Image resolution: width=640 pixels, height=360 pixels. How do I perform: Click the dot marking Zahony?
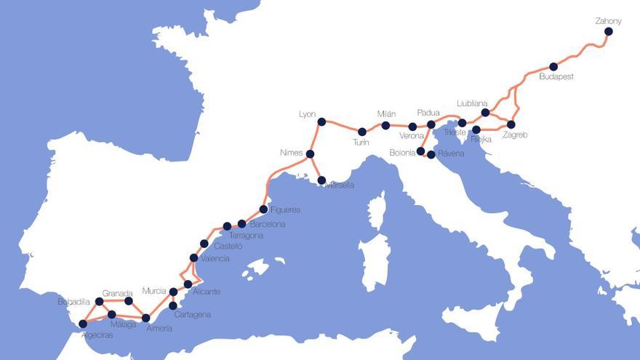coord(608,31)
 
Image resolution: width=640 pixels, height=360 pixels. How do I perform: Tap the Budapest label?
coord(556,76)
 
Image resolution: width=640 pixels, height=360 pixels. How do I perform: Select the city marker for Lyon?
coord(321,121)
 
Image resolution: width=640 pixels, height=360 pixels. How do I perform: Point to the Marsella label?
coord(340,185)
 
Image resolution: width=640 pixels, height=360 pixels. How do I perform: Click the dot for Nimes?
coord(310,154)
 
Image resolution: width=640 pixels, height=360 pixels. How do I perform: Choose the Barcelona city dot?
coord(242,224)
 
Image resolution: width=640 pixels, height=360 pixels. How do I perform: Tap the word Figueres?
coord(284,210)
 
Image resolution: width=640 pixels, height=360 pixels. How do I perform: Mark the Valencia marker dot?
coord(193,257)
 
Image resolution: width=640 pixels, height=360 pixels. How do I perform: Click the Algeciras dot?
coord(83,324)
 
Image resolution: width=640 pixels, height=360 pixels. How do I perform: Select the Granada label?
coord(117,293)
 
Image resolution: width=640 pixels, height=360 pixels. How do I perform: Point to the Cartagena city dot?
coord(172,305)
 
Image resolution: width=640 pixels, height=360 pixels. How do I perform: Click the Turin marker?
coord(362,132)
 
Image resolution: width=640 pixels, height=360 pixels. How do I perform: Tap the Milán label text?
coord(386,114)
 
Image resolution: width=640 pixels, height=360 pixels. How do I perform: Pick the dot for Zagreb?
coord(511,124)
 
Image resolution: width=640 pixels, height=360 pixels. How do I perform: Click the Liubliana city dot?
coord(485,113)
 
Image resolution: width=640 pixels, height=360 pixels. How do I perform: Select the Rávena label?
coord(450,153)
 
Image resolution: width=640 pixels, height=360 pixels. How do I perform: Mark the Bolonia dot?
coord(421,151)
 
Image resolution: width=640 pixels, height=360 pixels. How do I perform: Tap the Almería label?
coord(159,329)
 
